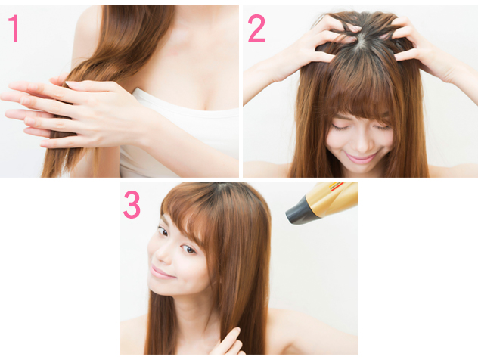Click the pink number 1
coord(14,28)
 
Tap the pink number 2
coord(256,28)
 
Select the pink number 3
coord(132,204)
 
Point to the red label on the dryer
coord(337,185)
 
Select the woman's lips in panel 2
coord(361,158)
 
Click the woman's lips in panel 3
coord(162,272)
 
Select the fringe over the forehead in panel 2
coord(360,98)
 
